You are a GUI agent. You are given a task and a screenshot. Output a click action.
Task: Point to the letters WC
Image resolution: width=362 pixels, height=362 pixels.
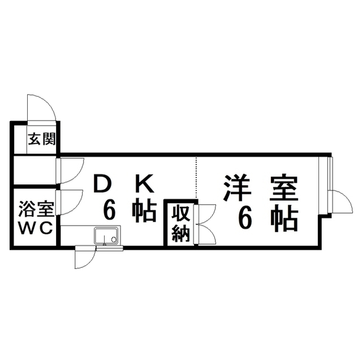click(x=36, y=228)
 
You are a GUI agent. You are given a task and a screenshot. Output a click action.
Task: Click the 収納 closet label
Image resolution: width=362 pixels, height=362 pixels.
click(x=180, y=223)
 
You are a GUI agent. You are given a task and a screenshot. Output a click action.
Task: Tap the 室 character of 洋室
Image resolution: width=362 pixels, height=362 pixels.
click(x=283, y=188)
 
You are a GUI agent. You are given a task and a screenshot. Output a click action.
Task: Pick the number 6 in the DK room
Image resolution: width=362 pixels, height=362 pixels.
click(x=110, y=210)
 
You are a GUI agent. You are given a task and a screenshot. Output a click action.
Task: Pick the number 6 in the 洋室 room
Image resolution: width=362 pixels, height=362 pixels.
click(x=244, y=218)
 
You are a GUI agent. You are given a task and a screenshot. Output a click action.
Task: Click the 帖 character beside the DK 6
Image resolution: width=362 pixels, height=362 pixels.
click(x=144, y=210)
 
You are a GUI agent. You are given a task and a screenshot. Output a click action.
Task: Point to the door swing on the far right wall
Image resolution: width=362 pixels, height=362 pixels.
click(x=341, y=202)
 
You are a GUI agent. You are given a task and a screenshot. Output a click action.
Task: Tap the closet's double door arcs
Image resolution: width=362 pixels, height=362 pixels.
click(x=205, y=223)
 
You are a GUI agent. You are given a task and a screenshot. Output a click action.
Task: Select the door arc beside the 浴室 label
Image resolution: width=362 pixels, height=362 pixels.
click(x=69, y=202)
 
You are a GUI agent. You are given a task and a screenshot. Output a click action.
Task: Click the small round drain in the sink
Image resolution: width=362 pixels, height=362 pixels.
click(x=114, y=239)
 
